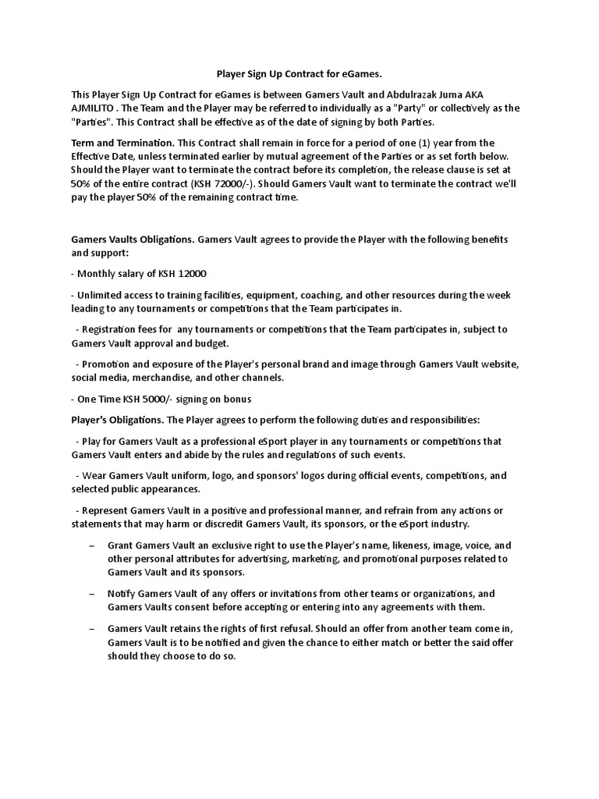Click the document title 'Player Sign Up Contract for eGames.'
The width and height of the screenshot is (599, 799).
point(299,74)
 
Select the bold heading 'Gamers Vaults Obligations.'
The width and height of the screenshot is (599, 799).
point(133,239)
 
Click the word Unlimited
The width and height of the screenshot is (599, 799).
point(102,295)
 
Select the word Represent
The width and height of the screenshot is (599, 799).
point(105,510)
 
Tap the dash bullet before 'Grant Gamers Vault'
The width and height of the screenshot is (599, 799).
point(93,545)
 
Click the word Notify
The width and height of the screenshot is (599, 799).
point(123,594)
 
